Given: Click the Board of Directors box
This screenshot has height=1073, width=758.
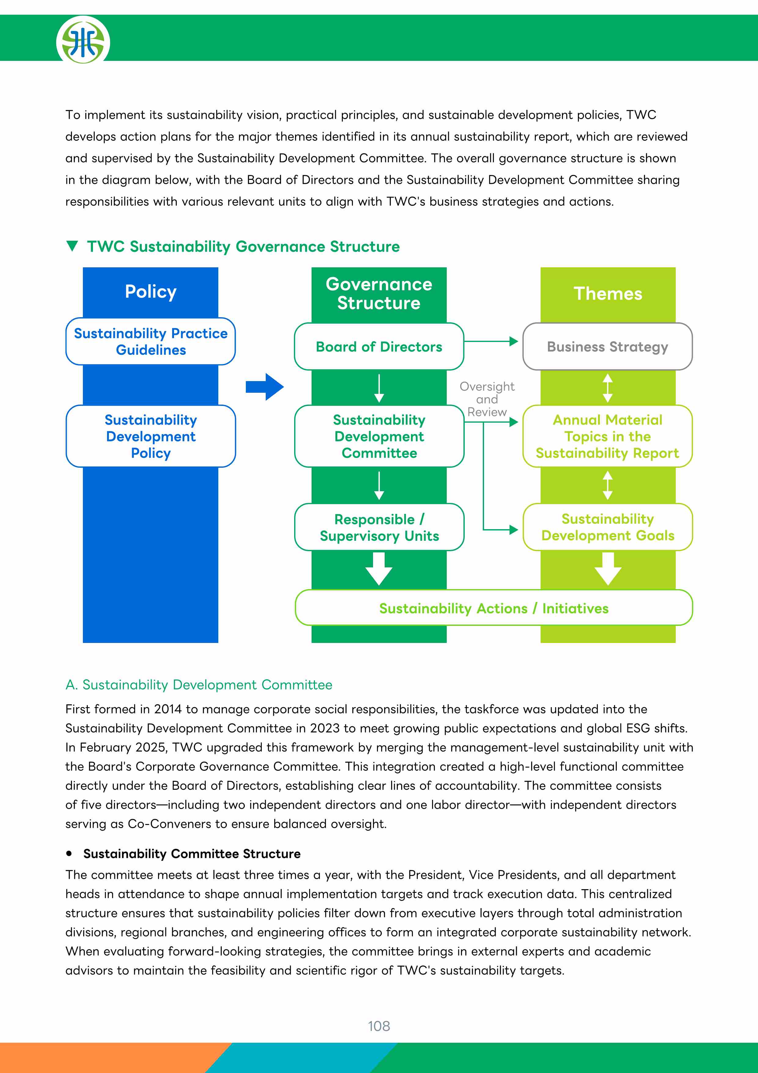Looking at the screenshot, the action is (x=379, y=346).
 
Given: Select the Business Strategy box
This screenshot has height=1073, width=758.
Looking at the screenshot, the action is (x=607, y=346).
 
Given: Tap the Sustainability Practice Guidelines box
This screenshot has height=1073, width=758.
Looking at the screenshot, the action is (x=150, y=341).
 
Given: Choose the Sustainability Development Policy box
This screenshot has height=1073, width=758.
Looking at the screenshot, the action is (x=150, y=436).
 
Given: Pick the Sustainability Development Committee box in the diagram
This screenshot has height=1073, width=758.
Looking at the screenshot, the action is (x=379, y=436).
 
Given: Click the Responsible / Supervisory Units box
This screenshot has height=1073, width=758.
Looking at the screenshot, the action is (x=379, y=527).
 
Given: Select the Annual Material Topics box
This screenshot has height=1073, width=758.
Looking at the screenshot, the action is (x=607, y=436).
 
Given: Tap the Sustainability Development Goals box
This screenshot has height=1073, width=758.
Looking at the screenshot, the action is (x=607, y=527).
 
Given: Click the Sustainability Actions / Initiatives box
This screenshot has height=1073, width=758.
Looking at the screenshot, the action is (x=494, y=607).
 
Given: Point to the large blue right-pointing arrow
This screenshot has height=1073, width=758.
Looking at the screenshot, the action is (x=264, y=387).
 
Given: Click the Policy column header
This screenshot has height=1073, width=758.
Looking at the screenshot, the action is (x=150, y=291).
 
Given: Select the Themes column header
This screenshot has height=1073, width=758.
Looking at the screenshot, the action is (x=608, y=294).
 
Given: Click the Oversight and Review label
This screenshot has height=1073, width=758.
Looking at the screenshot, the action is (x=487, y=399).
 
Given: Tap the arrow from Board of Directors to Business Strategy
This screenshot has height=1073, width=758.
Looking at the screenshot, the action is (x=491, y=341).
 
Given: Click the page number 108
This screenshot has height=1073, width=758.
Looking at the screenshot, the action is (x=379, y=1026).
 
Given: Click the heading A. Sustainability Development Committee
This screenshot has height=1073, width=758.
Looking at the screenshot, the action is (x=199, y=685).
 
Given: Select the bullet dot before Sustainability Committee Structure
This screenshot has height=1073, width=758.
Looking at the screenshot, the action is (x=69, y=853).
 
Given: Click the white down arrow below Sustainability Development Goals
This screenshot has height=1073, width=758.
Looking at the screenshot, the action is (x=608, y=569).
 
